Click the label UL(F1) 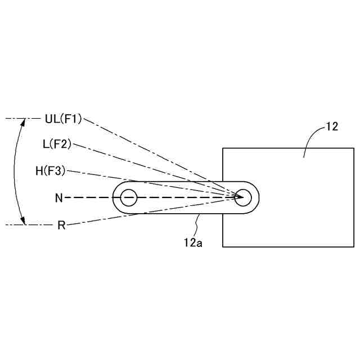point(63,119)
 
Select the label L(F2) point(57,144)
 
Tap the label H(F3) point(51,171)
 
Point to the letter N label point(59,197)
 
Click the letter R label point(62,225)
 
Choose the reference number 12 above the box point(332,127)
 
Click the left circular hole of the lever point(129,197)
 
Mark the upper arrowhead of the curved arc point(24,121)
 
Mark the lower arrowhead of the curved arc point(24,222)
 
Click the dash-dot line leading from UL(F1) point(157,155)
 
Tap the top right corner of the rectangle point(354,148)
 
